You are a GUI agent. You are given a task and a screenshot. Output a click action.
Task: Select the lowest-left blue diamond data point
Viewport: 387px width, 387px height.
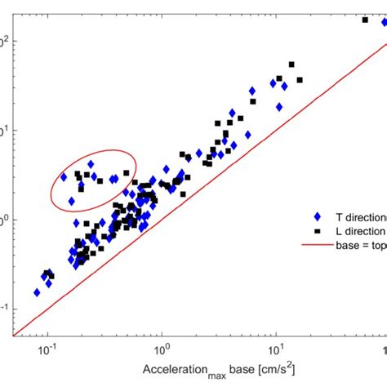coord(37,291)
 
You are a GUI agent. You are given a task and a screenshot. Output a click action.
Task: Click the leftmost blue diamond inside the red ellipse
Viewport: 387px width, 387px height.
coord(64,176)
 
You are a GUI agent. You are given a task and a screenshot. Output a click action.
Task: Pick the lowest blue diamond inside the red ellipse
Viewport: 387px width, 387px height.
coord(72,201)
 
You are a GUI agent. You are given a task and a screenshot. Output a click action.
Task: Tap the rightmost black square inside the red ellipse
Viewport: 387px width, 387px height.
coord(126,173)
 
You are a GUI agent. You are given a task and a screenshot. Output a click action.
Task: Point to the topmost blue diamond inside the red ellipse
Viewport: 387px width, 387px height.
coord(90,164)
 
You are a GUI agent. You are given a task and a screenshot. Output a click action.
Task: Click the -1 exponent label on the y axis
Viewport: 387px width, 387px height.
coord(6,308)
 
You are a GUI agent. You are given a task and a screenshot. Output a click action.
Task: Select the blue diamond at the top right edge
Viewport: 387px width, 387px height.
coord(384,22)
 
